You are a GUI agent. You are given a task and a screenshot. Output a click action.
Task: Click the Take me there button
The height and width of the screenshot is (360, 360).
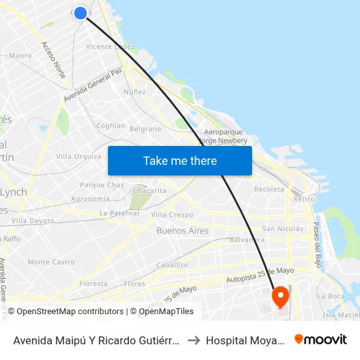click(x=180, y=161)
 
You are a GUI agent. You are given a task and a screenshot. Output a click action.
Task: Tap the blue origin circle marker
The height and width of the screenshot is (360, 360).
click(x=81, y=13)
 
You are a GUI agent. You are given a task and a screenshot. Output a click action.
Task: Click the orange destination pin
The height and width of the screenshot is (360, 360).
click(x=280, y=297)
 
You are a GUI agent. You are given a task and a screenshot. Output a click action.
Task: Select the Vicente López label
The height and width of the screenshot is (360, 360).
click(x=111, y=46)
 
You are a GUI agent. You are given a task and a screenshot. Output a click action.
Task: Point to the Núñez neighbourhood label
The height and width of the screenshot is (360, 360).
click(x=134, y=92)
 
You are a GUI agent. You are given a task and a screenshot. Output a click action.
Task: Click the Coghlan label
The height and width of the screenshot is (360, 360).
click(x=111, y=126)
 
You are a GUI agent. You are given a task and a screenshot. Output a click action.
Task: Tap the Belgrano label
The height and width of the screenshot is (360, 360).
click(x=145, y=129)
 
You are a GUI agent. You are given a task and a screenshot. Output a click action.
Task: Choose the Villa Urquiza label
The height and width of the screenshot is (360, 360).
click(x=79, y=156)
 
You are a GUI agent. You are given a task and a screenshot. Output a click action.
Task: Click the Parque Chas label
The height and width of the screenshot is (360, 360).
click(x=101, y=185)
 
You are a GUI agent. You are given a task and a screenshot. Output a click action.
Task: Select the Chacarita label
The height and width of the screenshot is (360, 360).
click(x=149, y=190)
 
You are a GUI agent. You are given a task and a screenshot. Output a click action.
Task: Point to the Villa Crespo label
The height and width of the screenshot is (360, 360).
click(x=171, y=215)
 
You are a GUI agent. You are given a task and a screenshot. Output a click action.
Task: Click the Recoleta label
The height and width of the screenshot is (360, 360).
click(x=269, y=189)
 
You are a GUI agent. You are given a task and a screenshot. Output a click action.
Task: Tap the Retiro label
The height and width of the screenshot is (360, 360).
click(x=304, y=199)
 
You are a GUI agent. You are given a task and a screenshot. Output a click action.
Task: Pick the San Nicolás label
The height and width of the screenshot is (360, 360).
click(x=282, y=229)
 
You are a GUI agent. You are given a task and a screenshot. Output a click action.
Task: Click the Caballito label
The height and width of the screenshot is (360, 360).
click(x=172, y=265)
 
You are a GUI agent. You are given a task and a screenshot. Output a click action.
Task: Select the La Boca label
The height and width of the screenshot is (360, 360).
click(x=330, y=296)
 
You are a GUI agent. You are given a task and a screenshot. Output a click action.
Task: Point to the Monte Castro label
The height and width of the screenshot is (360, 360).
click(x=51, y=262)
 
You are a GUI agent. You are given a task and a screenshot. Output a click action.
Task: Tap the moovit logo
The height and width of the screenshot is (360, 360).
click(x=321, y=340)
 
